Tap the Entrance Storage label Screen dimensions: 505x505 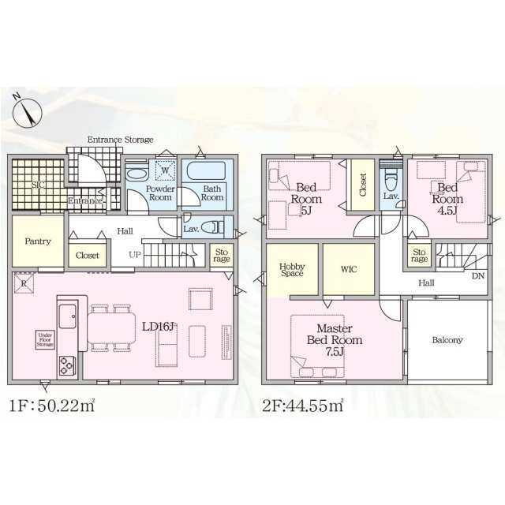(121, 140)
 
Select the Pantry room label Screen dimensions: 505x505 (38, 241)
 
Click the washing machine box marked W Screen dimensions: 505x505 (165, 170)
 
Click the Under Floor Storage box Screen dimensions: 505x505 (45, 340)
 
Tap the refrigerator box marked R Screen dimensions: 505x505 (24, 284)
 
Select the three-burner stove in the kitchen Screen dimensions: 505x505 (67, 366)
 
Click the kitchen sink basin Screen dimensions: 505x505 (68, 316)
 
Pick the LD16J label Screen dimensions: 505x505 (158, 327)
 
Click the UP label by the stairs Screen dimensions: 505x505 (135, 255)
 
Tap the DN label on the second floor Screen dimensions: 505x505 (478, 276)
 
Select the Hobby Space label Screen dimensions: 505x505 (292, 270)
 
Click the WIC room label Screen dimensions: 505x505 (349, 268)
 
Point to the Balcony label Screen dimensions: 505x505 (447, 340)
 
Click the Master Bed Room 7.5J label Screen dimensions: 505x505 (335, 340)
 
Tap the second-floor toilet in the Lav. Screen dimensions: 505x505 (391, 180)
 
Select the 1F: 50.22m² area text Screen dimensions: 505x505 (52, 405)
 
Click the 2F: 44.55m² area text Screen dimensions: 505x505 (303, 405)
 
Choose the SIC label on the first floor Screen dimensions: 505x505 (39, 185)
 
